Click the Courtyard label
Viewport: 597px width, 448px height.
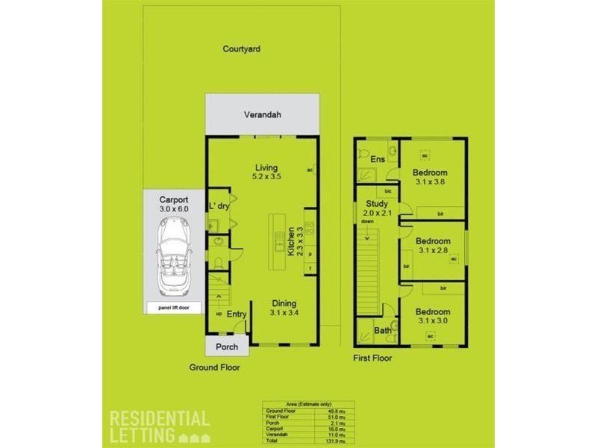coord(241,49)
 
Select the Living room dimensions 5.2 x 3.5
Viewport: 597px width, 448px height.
coord(266,177)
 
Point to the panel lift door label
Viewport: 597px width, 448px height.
coord(174,307)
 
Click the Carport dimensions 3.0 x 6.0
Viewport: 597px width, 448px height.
coord(174,210)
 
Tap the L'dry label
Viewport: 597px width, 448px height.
coord(218,205)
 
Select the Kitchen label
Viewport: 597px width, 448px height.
coord(290,243)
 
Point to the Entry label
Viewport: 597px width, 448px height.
coord(237,314)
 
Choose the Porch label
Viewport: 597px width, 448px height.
coord(227,346)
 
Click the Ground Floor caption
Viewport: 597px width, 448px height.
coord(214,367)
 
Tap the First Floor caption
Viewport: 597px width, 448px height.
coord(372,358)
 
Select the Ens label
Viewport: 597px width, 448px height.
coord(378,159)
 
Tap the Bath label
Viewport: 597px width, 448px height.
coord(383,330)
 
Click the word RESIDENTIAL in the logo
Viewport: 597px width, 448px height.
coord(160,418)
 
